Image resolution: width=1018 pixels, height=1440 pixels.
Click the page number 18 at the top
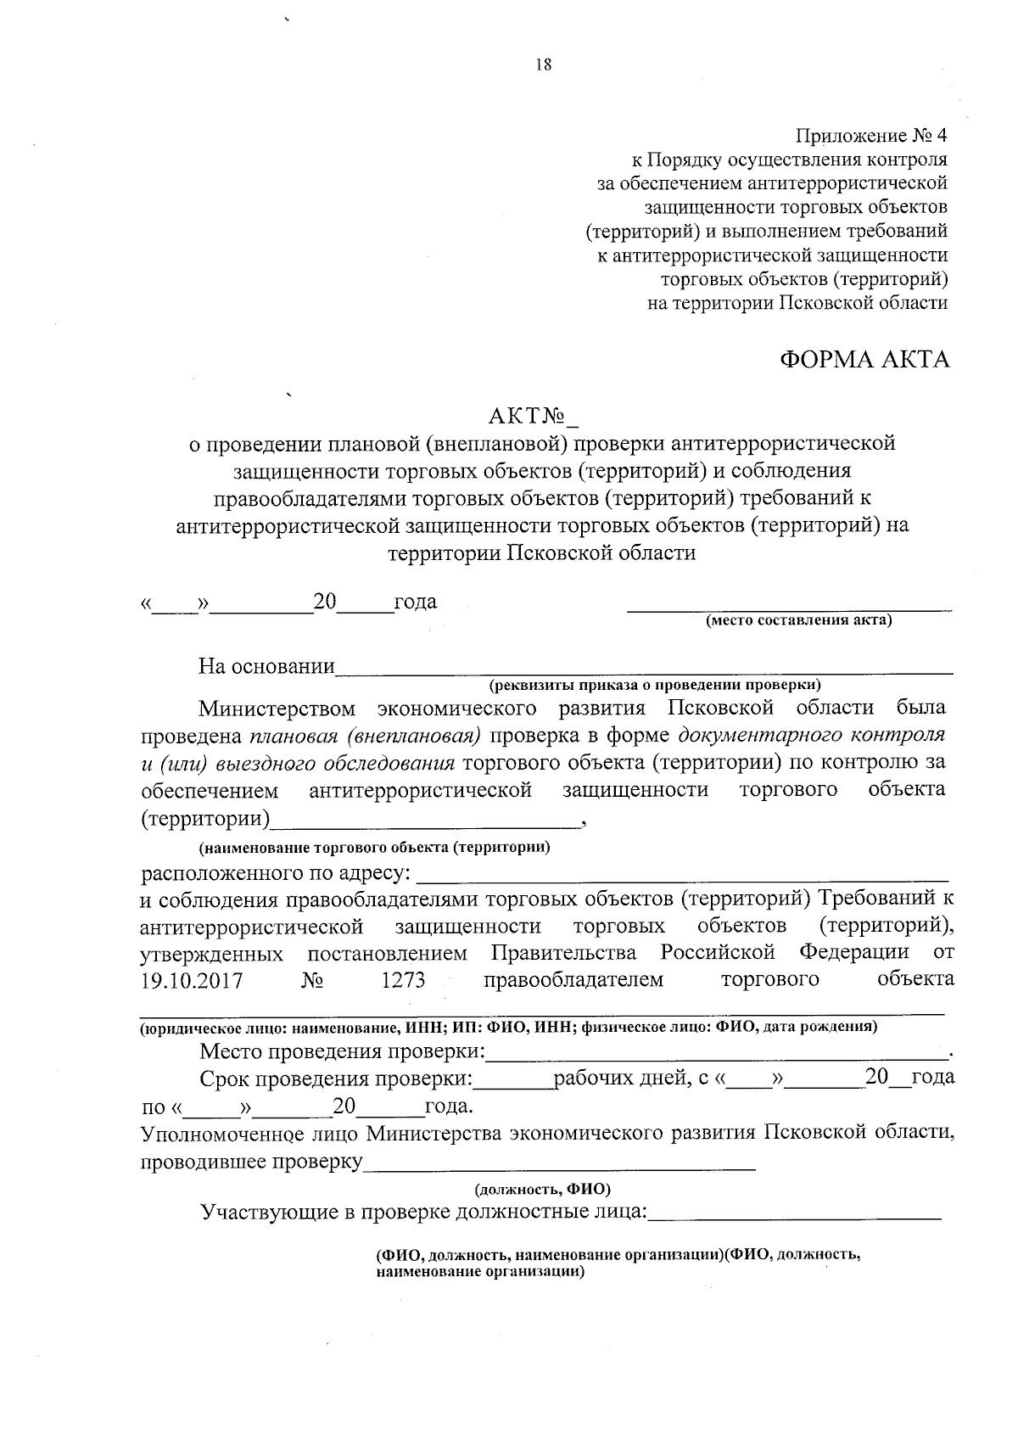pos(544,65)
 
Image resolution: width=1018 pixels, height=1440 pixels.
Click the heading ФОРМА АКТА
pos(864,360)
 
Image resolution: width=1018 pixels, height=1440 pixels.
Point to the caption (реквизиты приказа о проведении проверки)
pos(654,684)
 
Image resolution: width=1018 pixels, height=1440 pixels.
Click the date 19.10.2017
pos(192,981)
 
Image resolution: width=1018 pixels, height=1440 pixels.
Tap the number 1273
pos(403,981)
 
